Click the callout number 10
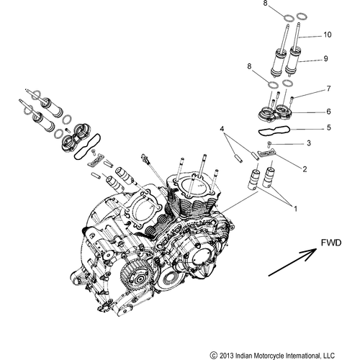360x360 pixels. [328, 35]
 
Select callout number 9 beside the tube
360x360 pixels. [328, 61]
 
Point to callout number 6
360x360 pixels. [328, 112]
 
